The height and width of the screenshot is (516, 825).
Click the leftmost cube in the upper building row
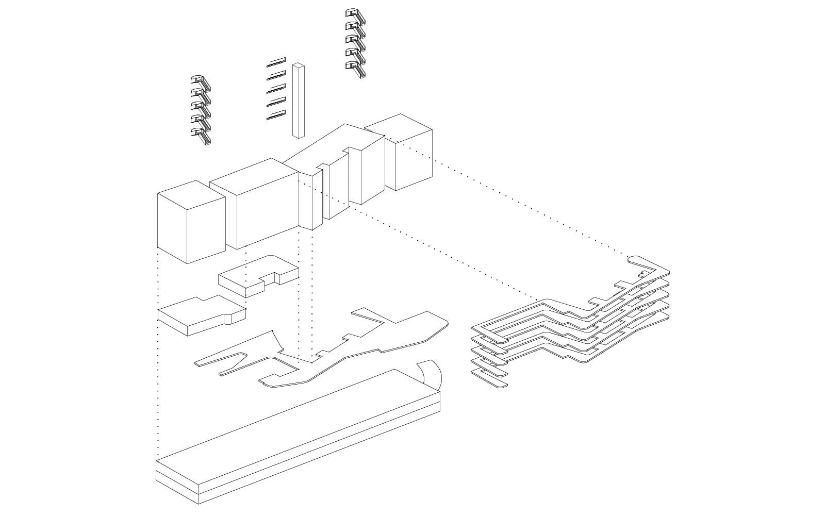pos(191,222)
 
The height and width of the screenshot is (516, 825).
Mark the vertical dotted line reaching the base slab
pos(158,361)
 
